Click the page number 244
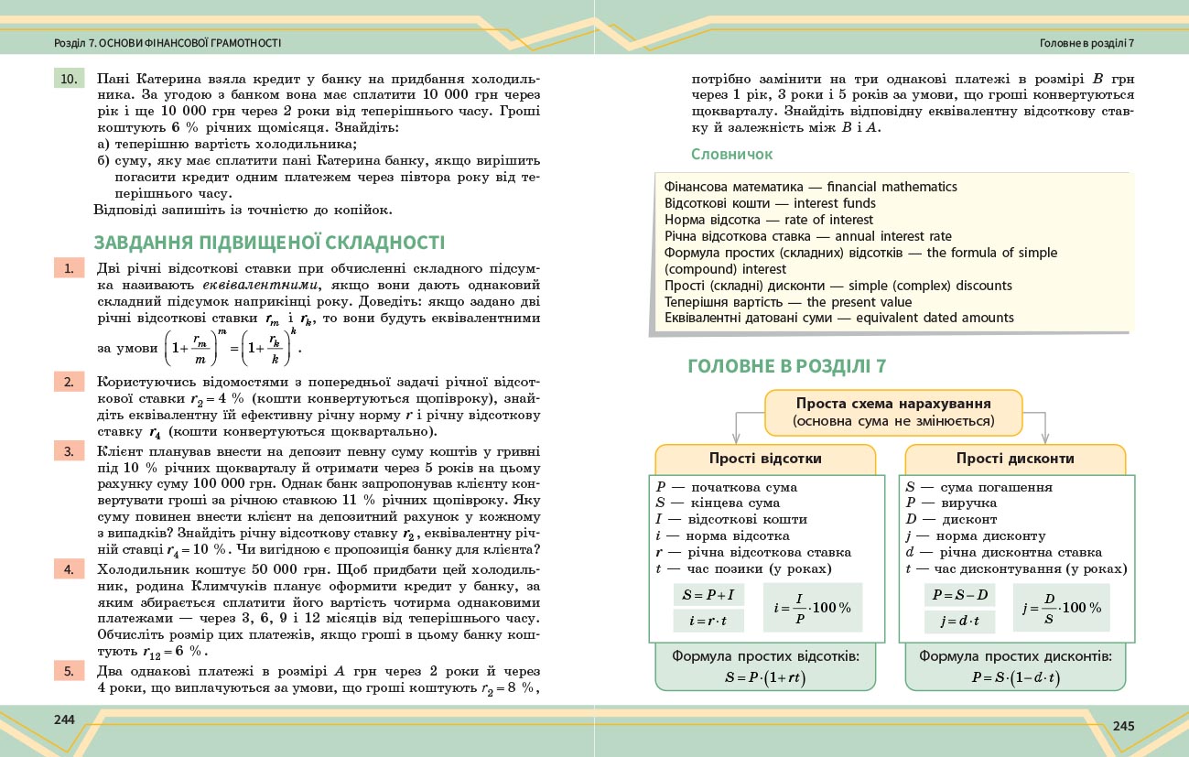[63, 719]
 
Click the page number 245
[1123, 726]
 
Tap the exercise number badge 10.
[69, 79]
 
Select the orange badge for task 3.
[69, 450]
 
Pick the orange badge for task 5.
[69, 671]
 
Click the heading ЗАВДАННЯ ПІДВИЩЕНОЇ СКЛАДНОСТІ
[269, 243]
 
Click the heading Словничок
[731, 155]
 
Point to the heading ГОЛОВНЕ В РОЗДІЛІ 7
[786, 366]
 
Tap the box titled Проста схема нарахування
[892, 413]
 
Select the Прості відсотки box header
[765, 459]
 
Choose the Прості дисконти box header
[1015, 459]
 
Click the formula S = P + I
[708, 595]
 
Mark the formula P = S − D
[959, 595]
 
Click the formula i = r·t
[708, 622]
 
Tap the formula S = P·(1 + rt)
[765, 678]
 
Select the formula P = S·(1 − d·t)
[1015, 678]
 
